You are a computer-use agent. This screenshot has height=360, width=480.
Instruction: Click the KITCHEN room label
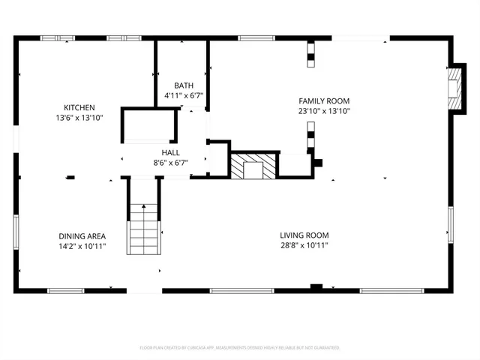[79, 107]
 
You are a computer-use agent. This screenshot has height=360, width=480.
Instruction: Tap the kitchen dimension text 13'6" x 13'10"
[79, 118]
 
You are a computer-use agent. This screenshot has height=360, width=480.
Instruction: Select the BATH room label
[184, 85]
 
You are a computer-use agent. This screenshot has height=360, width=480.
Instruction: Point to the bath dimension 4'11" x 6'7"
[184, 95]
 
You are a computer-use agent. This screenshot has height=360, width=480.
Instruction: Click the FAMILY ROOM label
[324, 100]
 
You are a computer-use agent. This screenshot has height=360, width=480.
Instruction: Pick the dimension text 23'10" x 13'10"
[324, 111]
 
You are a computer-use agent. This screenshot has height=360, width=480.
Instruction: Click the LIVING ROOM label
[303, 234]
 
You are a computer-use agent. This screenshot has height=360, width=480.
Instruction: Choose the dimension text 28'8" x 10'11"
[303, 244]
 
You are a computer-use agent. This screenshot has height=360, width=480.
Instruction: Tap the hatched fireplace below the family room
[253, 166]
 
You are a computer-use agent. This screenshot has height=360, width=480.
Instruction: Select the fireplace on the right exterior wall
[453, 88]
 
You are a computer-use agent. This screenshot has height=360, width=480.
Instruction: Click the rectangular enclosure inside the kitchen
[150, 125]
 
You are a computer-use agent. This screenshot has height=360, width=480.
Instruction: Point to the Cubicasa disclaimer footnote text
[240, 348]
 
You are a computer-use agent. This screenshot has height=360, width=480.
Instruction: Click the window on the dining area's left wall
[16, 232]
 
